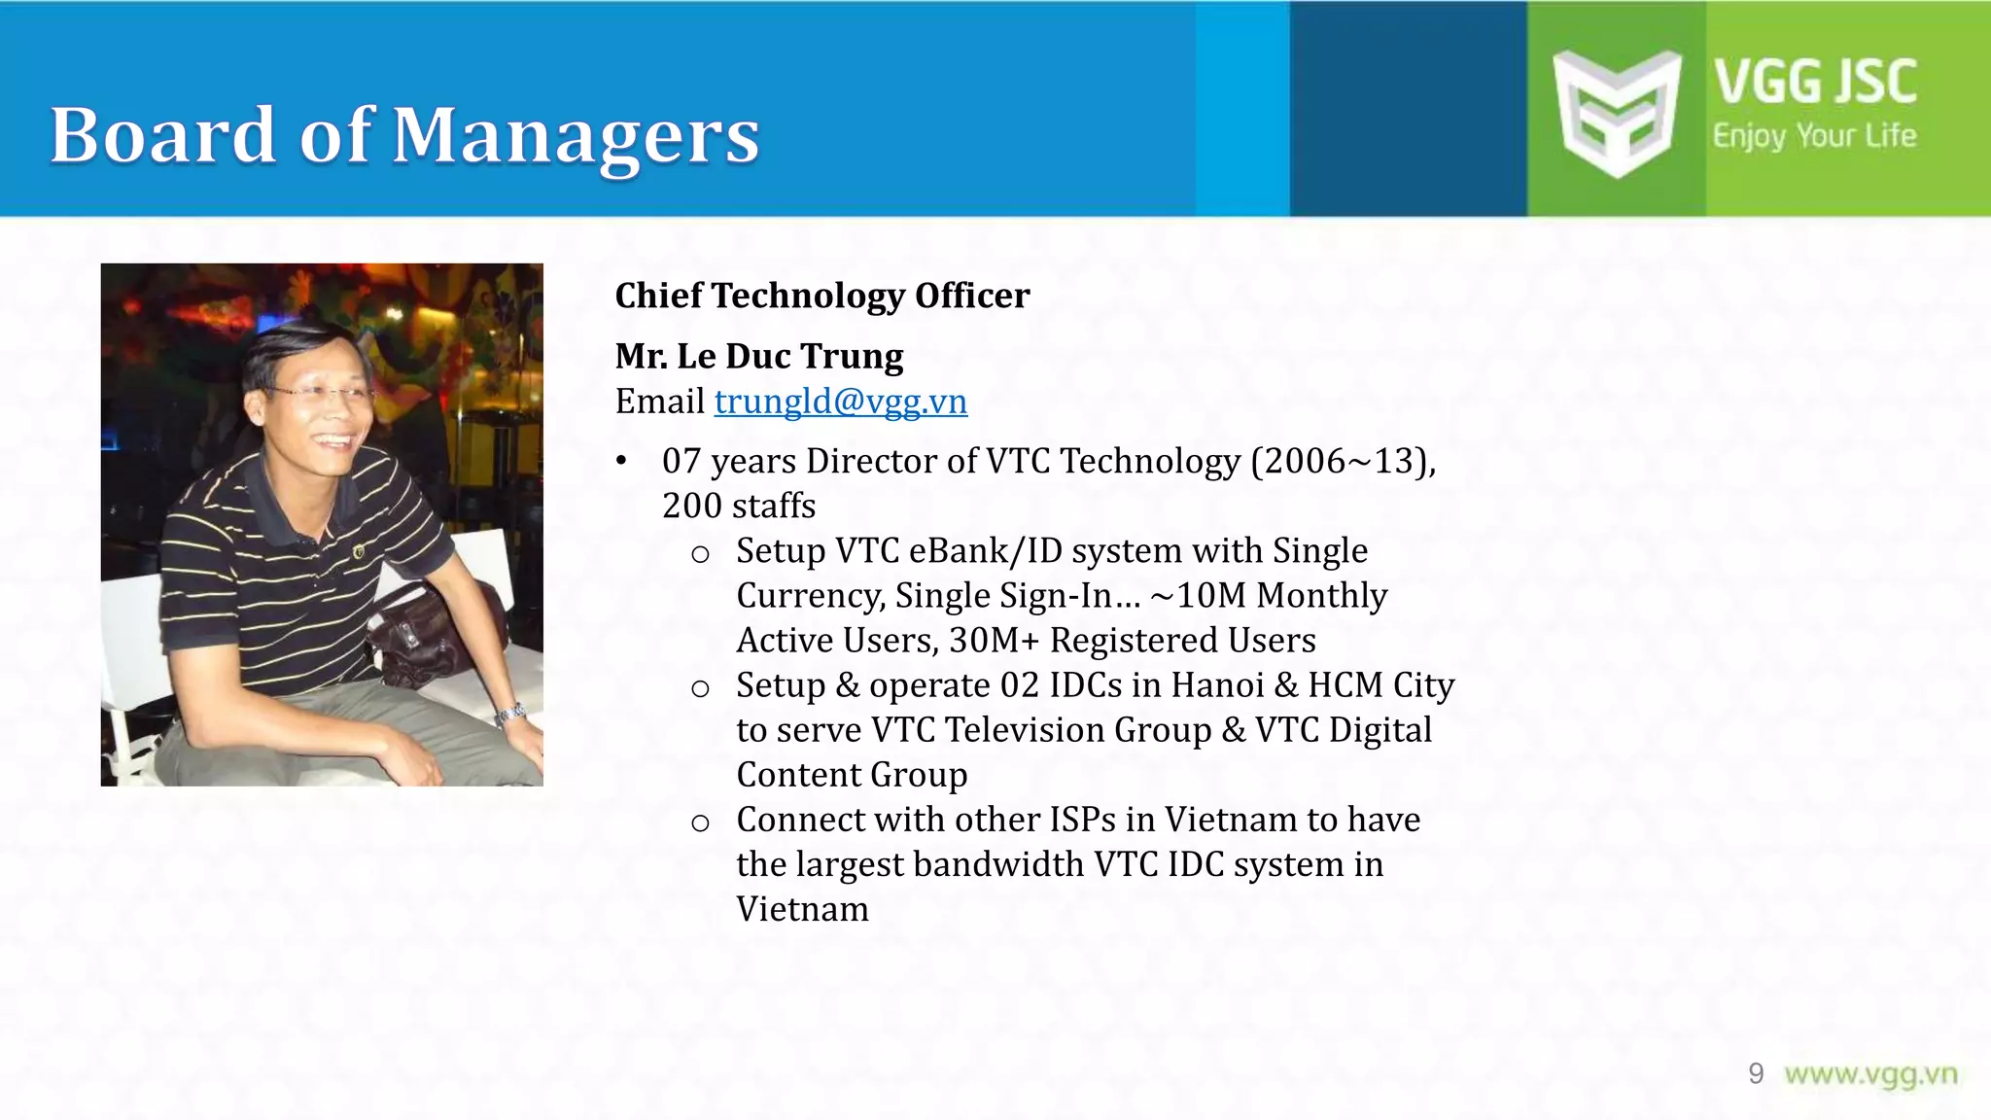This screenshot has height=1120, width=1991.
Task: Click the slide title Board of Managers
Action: click(404, 135)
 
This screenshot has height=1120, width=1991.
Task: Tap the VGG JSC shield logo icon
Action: click(1616, 112)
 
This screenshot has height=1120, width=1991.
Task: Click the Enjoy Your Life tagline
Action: click(1814, 136)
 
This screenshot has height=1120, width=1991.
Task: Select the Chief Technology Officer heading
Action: click(821, 296)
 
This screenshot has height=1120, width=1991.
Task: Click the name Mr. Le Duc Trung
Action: click(758, 356)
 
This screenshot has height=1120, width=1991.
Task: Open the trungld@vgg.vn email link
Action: click(840, 402)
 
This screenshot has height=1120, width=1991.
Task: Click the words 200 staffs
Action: click(738, 506)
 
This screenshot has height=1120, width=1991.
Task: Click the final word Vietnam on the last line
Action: click(802, 909)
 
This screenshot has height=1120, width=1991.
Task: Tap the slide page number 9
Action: click(1756, 1073)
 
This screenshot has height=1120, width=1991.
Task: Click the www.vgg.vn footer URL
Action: click(1870, 1073)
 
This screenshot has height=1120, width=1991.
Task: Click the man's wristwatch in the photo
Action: click(510, 715)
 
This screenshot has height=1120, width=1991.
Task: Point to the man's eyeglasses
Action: click(321, 394)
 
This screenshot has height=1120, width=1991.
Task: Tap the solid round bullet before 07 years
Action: click(622, 461)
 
